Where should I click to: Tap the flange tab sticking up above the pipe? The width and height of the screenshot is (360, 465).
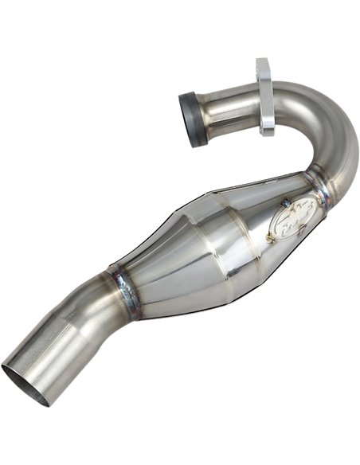pyautogui.click(x=263, y=68)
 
